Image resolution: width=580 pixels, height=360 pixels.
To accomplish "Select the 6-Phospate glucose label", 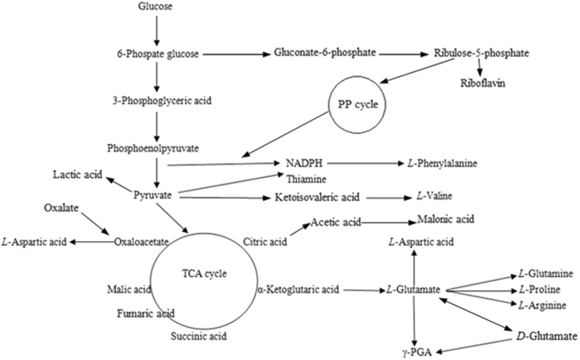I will [157, 55].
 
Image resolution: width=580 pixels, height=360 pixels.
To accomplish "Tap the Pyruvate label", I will [154, 196].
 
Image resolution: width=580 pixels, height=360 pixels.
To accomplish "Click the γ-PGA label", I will [413, 348].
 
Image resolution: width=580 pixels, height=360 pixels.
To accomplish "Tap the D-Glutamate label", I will [545, 336].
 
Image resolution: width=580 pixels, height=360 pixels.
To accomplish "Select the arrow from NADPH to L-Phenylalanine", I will [362, 162].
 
